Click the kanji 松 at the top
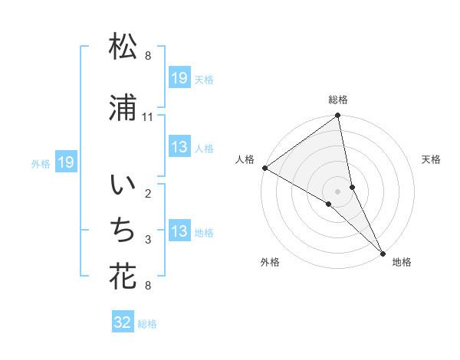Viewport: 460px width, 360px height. (123, 48)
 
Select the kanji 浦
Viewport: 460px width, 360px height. (123, 110)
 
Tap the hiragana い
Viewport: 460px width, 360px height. (123, 186)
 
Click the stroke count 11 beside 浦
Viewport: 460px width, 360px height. (148, 117)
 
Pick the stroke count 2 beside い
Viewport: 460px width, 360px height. (148, 194)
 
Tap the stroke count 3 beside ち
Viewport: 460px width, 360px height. (148, 240)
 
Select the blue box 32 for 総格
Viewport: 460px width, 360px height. (123, 322)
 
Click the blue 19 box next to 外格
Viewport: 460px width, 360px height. (65, 162)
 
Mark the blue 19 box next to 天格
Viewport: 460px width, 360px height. (179, 78)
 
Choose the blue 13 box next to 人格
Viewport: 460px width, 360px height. (179, 147)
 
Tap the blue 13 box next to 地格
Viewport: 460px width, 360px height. (179, 231)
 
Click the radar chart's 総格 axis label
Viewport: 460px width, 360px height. (338, 100)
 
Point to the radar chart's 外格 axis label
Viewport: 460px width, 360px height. (270, 262)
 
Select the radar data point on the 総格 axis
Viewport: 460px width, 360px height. (338, 116)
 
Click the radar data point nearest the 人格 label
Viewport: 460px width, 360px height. (264, 168)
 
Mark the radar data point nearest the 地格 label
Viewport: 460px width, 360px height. (383, 252)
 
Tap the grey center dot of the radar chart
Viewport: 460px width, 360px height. (338, 191)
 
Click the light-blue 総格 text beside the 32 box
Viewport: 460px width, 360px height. (147, 323)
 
